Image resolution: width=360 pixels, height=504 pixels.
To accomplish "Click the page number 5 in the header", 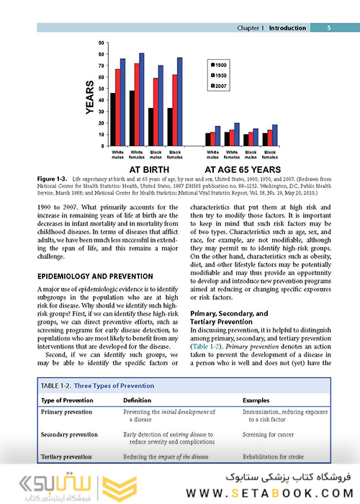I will [328, 28].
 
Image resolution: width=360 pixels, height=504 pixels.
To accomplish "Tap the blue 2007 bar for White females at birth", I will [141, 99].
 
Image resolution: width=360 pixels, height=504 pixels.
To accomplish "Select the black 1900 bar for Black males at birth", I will [150, 127].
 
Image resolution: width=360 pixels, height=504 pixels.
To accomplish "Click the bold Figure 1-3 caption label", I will [51, 177].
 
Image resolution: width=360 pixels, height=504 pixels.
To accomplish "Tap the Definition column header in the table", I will [137, 400].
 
